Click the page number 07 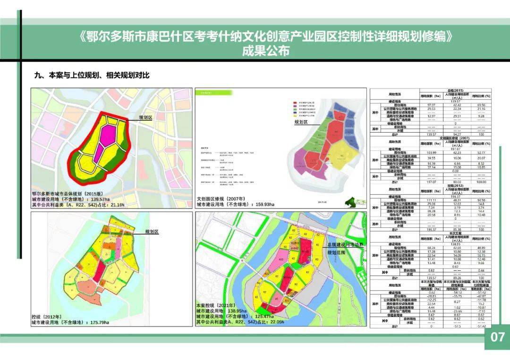coord(497,337)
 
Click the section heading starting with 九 coord(92,75)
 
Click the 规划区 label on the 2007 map coord(301,122)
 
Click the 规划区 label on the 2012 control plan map coord(152,232)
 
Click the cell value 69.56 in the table coord(481,105)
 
